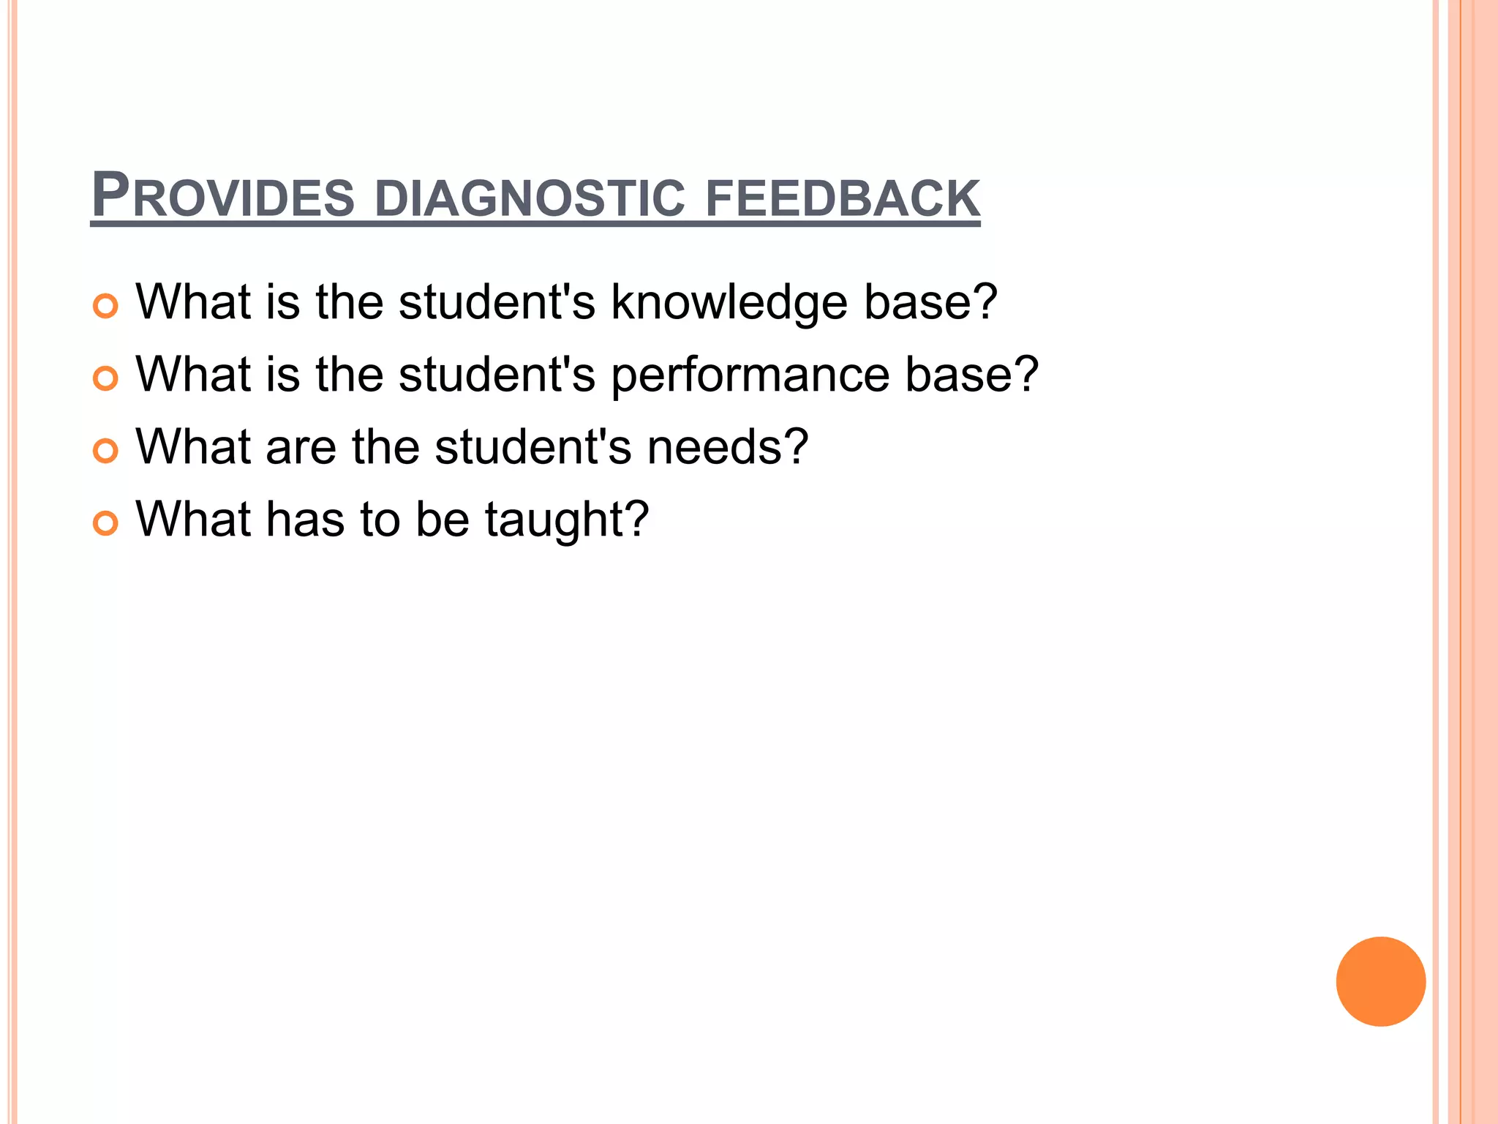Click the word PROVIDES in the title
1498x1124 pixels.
pyautogui.click(x=222, y=196)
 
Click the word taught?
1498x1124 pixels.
pyautogui.click(x=567, y=520)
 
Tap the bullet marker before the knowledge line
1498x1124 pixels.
pyautogui.click(x=105, y=306)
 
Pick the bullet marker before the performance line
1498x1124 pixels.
pyautogui.click(x=105, y=378)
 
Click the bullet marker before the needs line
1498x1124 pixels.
pyautogui.click(x=105, y=451)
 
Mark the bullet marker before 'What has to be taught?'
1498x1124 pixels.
pyautogui.click(x=105, y=523)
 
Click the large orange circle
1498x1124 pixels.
pyautogui.click(x=1380, y=981)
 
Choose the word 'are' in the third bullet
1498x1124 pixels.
pyautogui.click(x=301, y=446)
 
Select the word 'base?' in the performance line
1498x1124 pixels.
pyautogui.click(x=971, y=374)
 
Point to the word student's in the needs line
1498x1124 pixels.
pyautogui.click(x=533, y=446)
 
